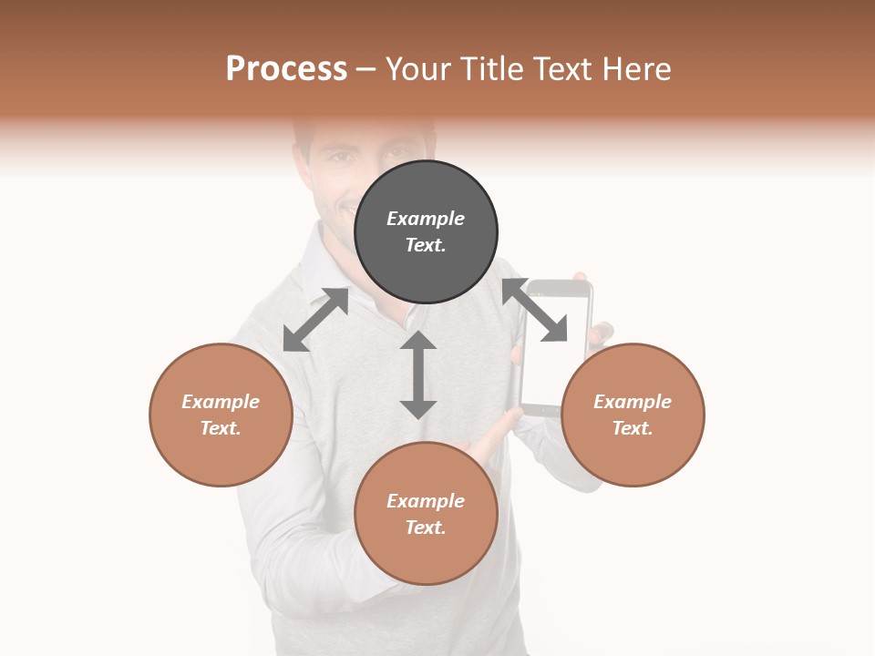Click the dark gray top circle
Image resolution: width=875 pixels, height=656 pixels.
pyautogui.click(x=426, y=232)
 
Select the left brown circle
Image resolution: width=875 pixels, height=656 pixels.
pyautogui.click(x=221, y=415)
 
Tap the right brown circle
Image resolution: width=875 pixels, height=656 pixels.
pyautogui.click(x=633, y=415)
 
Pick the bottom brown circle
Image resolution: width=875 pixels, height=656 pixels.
pyautogui.click(x=426, y=514)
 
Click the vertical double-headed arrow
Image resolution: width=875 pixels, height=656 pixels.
pyautogui.click(x=418, y=374)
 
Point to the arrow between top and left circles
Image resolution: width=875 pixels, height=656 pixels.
pyautogui.click(x=315, y=320)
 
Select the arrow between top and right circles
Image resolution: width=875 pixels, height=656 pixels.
pyautogui.click(x=535, y=311)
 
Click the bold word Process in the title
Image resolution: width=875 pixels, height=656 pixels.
pyautogui.click(x=286, y=68)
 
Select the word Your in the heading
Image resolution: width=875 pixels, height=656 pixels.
pyautogui.click(x=416, y=68)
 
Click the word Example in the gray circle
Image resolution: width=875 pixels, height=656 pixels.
pyautogui.click(x=426, y=219)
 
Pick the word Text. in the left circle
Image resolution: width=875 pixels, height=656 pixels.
pyautogui.click(x=221, y=428)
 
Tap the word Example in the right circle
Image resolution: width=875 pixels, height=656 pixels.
pyautogui.click(x=633, y=402)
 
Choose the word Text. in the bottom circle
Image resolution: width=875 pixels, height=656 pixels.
pyautogui.click(x=426, y=528)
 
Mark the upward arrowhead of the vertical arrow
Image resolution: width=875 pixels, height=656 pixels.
pyautogui.click(x=418, y=341)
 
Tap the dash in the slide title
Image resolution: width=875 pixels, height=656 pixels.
pyautogui.click(x=366, y=69)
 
